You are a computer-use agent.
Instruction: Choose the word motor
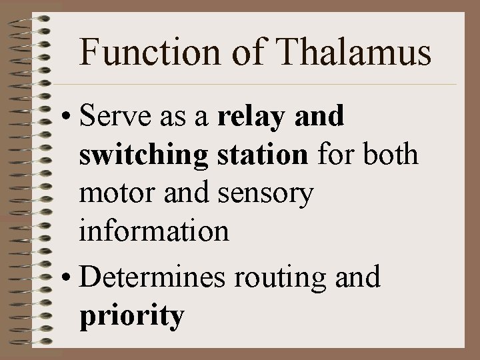[115, 195]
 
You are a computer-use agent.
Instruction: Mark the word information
[154, 232]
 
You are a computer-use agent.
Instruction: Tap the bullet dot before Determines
[67, 276]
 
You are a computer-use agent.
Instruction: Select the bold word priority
[131, 315]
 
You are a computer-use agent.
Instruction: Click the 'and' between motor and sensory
[181, 195]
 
